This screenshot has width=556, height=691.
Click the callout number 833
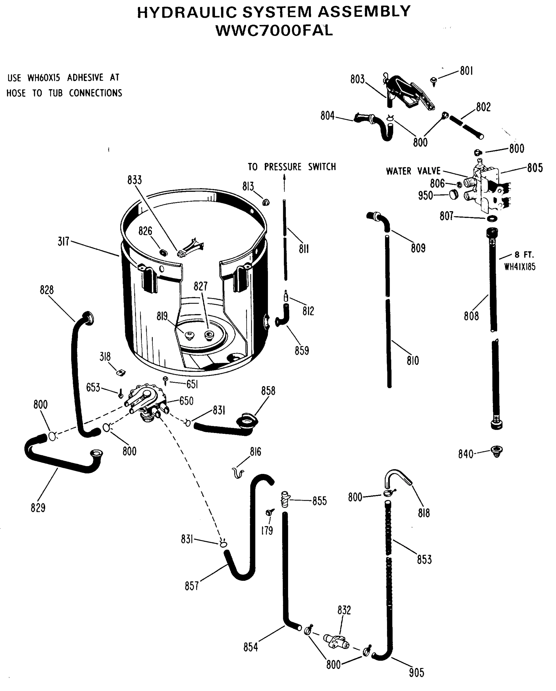[134, 180]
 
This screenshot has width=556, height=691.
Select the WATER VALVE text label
[413, 171]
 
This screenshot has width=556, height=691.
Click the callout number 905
[416, 672]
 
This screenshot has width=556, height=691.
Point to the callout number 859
[302, 350]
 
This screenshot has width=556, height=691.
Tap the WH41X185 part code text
[519, 267]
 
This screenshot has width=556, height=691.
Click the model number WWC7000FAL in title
[275, 31]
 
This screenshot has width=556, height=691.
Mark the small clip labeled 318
[121, 373]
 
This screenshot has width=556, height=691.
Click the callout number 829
[38, 508]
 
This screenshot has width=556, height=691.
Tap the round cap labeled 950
[454, 194]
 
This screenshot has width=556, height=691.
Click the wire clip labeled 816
[238, 472]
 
